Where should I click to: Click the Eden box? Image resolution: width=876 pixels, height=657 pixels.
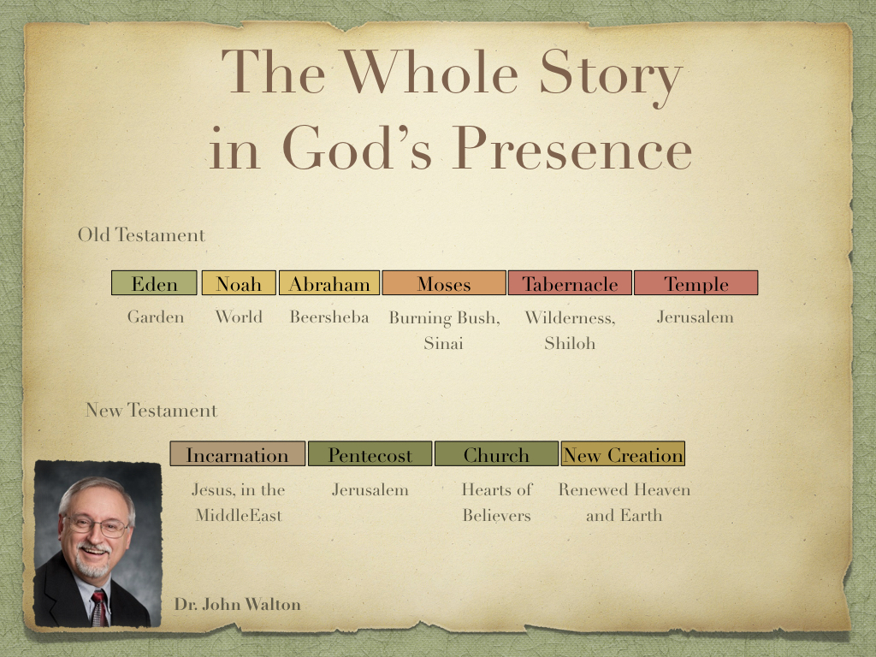(x=154, y=282)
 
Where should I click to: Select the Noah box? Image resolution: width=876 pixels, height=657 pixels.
(x=239, y=282)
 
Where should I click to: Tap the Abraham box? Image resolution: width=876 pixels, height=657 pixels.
(x=329, y=282)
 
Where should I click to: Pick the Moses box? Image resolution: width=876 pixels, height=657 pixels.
(x=444, y=282)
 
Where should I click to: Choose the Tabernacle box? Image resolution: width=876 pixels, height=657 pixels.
(x=570, y=282)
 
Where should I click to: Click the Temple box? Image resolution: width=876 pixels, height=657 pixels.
(x=696, y=282)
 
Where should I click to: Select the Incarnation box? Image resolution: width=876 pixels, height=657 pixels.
(x=238, y=453)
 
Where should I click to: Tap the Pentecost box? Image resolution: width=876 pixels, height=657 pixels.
(x=370, y=453)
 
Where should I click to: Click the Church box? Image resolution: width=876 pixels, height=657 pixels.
(x=496, y=453)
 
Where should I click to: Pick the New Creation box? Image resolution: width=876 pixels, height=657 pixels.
(x=623, y=453)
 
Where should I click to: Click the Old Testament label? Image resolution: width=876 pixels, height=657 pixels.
(x=141, y=234)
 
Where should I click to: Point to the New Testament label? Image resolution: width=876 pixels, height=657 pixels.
(x=151, y=410)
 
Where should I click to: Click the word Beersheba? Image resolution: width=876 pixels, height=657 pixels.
(x=329, y=317)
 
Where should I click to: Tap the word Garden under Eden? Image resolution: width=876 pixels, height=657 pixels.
(x=156, y=317)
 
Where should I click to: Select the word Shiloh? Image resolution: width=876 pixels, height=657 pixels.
(x=570, y=342)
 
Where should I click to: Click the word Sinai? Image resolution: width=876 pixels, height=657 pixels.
(x=444, y=342)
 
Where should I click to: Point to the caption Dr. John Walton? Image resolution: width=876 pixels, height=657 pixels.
(x=238, y=604)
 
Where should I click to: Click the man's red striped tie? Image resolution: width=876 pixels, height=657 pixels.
(x=100, y=608)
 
